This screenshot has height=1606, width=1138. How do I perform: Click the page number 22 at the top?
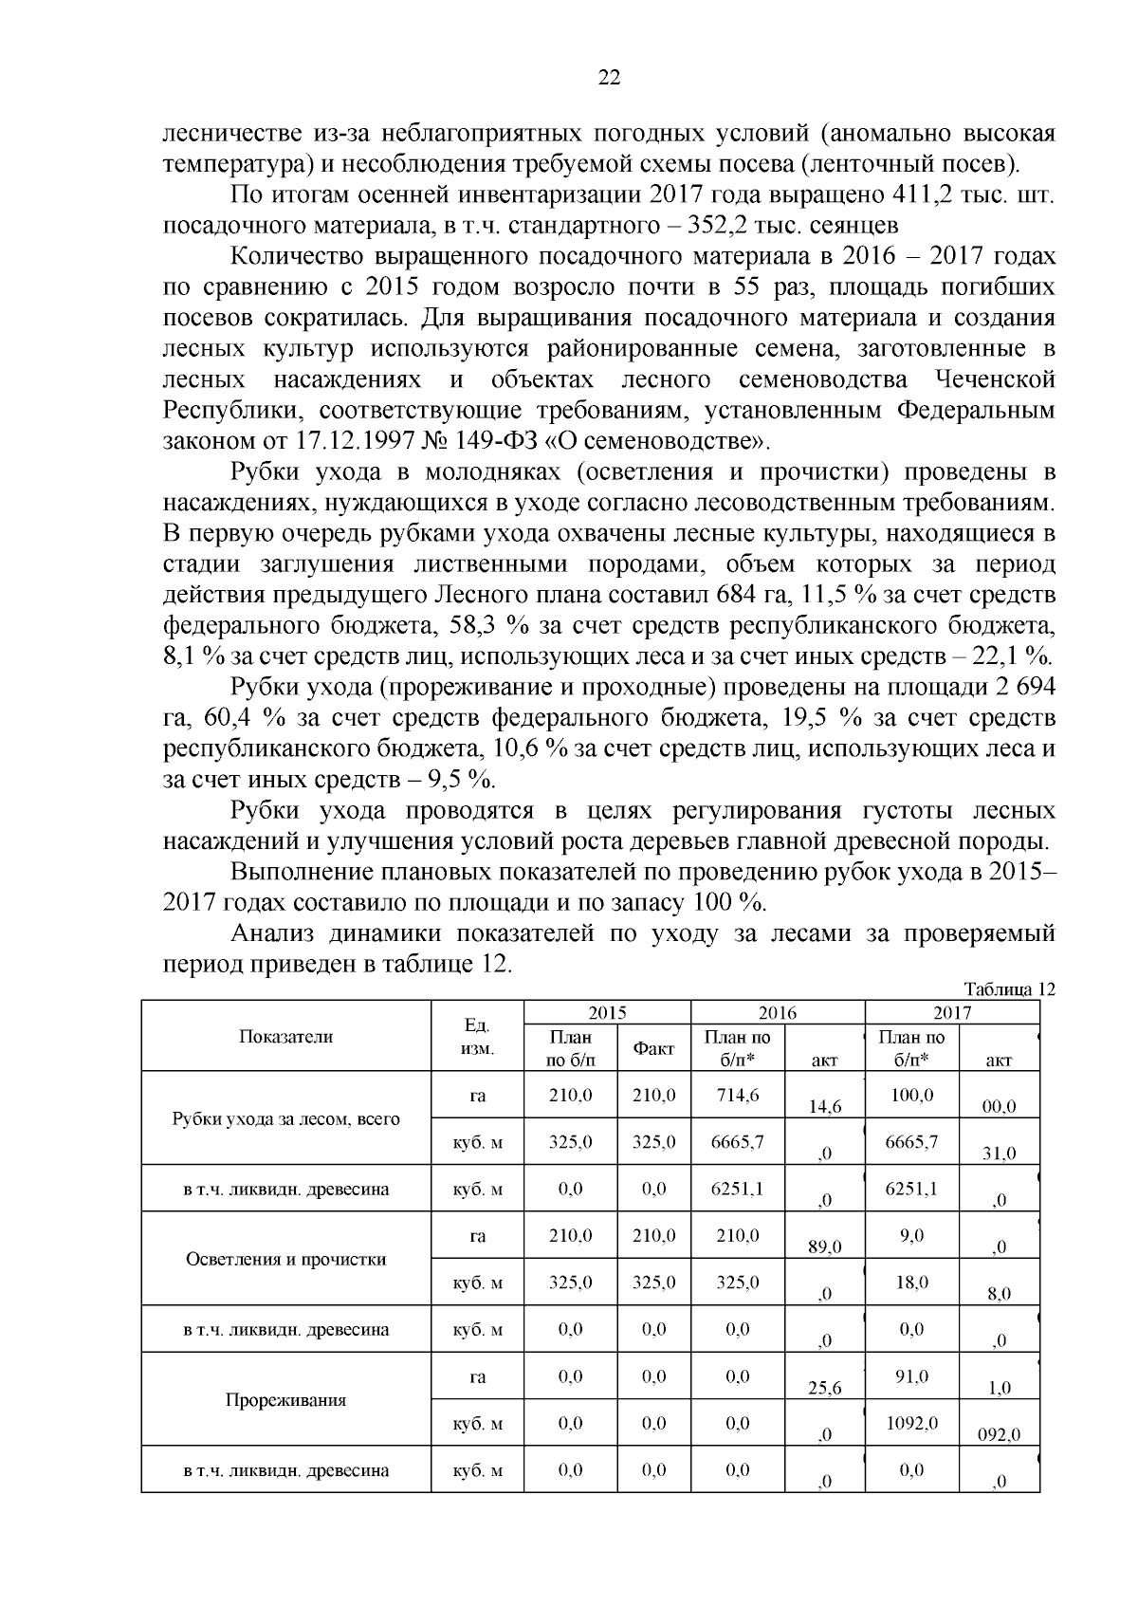click(609, 79)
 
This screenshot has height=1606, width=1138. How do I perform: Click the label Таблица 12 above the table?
click(1009, 988)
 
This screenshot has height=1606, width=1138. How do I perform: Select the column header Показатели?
click(286, 1036)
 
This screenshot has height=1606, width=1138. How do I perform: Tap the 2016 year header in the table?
click(778, 1012)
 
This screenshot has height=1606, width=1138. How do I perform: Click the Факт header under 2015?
click(653, 1048)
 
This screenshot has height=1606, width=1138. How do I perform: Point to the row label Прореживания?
click(286, 1400)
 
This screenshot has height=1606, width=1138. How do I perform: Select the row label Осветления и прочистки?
click(286, 1259)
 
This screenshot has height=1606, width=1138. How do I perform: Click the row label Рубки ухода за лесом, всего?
click(286, 1118)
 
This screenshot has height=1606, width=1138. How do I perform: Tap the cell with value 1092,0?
click(911, 1423)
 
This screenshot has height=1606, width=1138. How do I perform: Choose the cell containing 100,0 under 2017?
click(911, 1095)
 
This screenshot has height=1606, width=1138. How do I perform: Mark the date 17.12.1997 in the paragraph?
click(349, 441)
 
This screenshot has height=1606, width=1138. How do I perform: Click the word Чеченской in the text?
click(996, 380)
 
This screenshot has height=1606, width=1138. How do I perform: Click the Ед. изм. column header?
click(477, 1037)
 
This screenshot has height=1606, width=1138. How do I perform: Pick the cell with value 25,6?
click(824, 1388)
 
